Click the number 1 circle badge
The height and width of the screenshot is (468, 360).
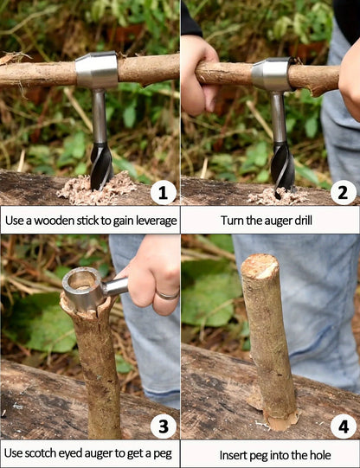(x=163, y=191)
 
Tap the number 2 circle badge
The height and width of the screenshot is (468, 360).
(x=343, y=191)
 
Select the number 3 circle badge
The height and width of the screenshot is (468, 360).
(x=163, y=426)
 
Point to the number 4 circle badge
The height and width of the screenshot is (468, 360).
(x=343, y=426)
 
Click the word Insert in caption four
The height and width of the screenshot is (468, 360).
(x=226, y=452)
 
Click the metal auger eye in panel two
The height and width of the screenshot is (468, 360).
(x=272, y=74)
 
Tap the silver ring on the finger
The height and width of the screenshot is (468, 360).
(x=168, y=295)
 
